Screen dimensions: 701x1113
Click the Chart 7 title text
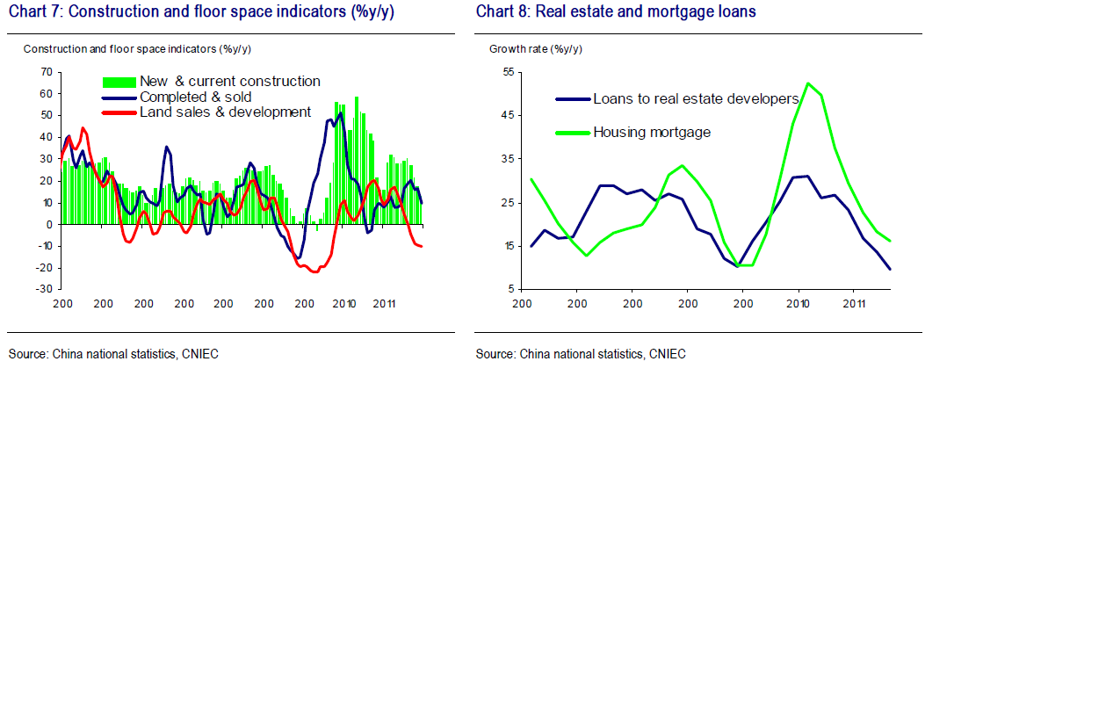pyautogui.click(x=201, y=11)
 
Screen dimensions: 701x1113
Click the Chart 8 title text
pyautogui.click(x=616, y=11)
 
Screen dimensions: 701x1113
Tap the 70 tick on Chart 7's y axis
pyautogui.click(x=47, y=72)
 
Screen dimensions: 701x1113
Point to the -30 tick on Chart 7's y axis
pyautogui.click(x=44, y=290)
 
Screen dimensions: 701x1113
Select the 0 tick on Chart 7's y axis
pyautogui.click(x=49, y=225)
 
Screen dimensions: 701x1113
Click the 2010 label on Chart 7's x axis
pyautogui.click(x=344, y=304)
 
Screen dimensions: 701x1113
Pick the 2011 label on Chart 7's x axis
pyautogui.click(x=384, y=304)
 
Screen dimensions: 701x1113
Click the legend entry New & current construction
pyautogui.click(x=229, y=82)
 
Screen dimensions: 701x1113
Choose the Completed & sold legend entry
pyautogui.click(x=195, y=98)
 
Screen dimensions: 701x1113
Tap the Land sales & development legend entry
pyautogui.click(x=225, y=112)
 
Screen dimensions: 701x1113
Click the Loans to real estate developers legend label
pyautogui.click(x=696, y=98)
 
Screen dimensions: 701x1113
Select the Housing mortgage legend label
pyautogui.click(x=652, y=133)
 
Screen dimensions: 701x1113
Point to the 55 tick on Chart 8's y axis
pyautogui.click(x=509, y=72)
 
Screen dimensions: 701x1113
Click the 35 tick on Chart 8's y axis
pyautogui.click(x=509, y=159)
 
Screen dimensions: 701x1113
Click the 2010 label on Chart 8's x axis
pyautogui.click(x=799, y=304)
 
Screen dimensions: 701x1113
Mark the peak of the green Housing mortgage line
pyautogui.click(x=808, y=83)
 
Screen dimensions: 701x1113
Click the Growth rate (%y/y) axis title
pyautogui.click(x=535, y=49)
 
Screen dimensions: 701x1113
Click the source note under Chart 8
pyautogui.click(x=581, y=354)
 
